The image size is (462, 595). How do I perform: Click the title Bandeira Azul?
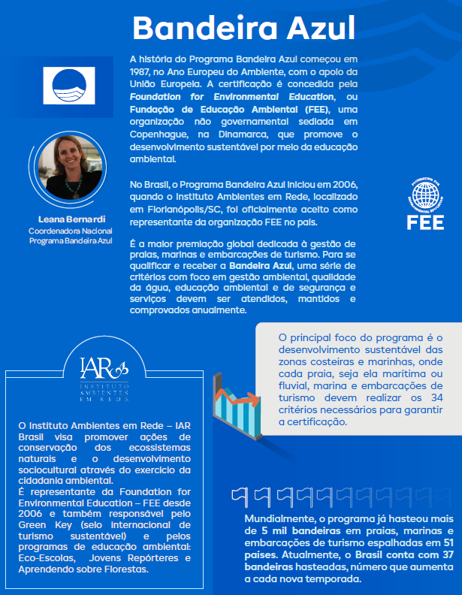243,28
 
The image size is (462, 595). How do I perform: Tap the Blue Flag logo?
70,86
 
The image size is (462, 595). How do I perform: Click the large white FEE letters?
425,222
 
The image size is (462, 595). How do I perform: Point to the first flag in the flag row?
239,494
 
